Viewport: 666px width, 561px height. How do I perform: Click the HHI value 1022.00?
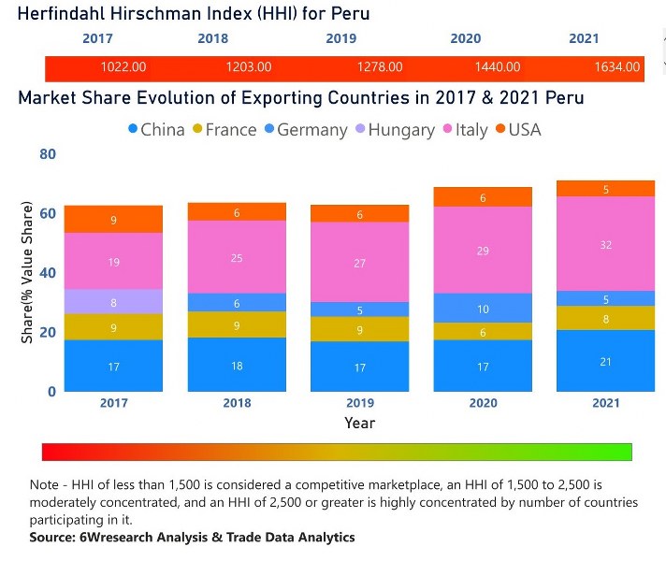tap(123, 67)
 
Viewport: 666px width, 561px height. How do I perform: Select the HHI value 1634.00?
tap(617, 67)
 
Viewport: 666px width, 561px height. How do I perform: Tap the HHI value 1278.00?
tap(380, 67)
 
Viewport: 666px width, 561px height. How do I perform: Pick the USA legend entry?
tap(524, 130)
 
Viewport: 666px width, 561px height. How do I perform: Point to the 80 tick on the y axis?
tap(47, 154)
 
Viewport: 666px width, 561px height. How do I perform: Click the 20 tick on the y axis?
tap(47, 332)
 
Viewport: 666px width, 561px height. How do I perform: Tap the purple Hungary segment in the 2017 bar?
tap(113, 302)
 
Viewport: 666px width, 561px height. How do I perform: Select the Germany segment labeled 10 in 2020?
tap(484, 309)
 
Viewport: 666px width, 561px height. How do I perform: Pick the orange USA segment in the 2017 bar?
tap(113, 220)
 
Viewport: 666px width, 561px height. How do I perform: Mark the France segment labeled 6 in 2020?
tap(484, 332)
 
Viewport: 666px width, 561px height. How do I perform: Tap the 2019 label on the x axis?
tap(360, 402)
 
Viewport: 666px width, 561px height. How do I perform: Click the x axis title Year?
tap(359, 424)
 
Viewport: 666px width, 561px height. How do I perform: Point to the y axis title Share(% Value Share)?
tap(27, 272)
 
